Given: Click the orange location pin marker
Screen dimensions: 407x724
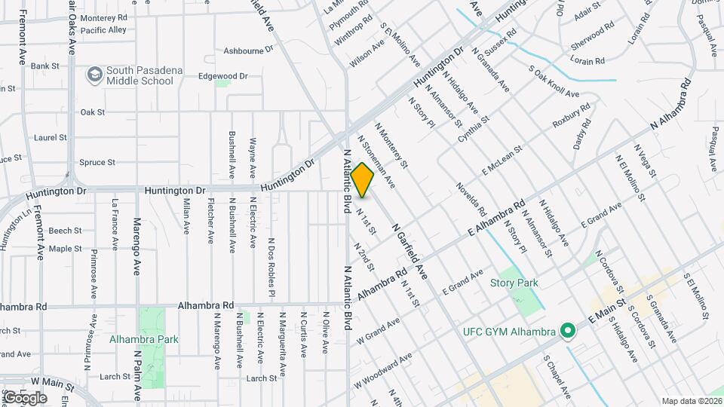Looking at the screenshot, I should click(x=363, y=179).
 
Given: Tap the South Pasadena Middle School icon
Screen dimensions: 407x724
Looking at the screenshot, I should click(x=94, y=75).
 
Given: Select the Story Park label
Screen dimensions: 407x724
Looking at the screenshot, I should click(x=514, y=283).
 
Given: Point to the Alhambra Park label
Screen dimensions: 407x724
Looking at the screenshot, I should click(x=143, y=339).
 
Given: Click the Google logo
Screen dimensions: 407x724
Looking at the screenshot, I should click(x=25, y=397).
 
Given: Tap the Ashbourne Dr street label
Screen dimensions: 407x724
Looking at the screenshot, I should click(x=248, y=51).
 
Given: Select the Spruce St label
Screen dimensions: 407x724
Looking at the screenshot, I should click(x=97, y=162).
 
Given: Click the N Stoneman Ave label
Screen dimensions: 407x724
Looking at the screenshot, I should click(x=376, y=161).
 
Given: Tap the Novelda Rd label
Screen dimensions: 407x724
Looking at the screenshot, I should click(x=470, y=197).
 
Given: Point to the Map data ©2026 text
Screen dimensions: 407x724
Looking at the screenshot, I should click(x=692, y=401).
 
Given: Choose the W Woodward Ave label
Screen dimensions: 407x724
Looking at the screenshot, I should click(x=382, y=369).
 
